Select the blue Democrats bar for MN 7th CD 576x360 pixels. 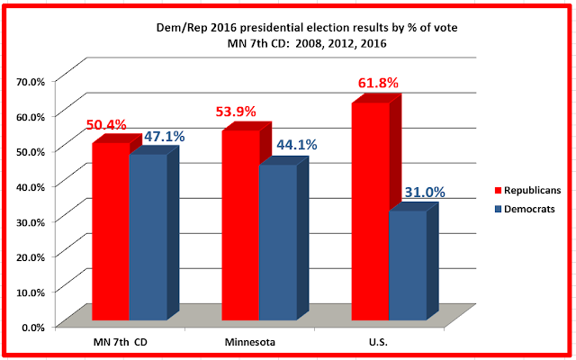148,238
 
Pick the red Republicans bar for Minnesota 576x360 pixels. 239,225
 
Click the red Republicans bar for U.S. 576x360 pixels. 369,211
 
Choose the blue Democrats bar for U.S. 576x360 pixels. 407,265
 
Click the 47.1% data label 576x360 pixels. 163,137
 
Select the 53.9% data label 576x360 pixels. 236,112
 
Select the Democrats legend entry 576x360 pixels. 526,209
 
